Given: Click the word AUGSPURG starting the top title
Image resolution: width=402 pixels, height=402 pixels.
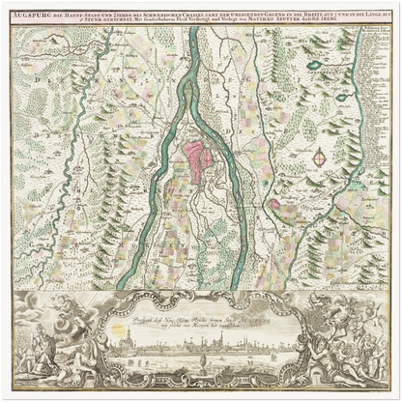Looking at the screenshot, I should (31, 13).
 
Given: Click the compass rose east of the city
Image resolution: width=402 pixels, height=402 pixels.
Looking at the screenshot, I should (320, 156).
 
